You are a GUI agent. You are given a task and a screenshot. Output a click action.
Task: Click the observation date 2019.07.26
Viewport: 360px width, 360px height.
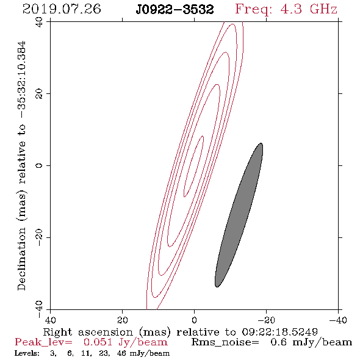(62, 9)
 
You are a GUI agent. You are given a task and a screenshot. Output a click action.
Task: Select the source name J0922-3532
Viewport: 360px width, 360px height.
(175, 10)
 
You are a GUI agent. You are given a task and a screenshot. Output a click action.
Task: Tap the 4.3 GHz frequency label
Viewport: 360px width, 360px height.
(286, 10)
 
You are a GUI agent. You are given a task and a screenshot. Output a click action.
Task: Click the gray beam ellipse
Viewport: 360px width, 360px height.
(239, 215)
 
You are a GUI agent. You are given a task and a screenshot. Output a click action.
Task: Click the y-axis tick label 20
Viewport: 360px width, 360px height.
(39, 94)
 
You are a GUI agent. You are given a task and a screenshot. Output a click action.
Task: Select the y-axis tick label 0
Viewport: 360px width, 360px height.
(39, 165)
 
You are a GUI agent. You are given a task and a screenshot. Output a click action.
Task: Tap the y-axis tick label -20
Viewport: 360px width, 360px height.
(39, 237)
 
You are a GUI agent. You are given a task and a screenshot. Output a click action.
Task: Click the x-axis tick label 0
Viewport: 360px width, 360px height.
(194, 320)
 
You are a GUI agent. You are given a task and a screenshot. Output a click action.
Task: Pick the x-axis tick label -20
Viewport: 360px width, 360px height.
(266, 320)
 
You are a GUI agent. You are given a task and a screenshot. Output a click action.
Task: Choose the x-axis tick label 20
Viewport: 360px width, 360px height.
(122, 320)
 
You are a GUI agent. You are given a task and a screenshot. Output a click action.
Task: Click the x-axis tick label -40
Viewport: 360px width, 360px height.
(338, 320)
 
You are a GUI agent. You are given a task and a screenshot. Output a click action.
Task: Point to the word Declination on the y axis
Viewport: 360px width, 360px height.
(21, 259)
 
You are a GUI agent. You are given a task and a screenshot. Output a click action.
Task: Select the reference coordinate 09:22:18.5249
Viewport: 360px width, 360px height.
(279, 332)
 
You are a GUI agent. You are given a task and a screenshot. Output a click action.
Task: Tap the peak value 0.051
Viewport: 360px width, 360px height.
(98, 342)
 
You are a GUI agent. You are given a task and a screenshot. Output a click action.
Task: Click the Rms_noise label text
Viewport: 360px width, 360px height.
(225, 342)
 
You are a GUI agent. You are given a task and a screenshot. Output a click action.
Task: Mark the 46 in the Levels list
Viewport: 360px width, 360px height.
(121, 353)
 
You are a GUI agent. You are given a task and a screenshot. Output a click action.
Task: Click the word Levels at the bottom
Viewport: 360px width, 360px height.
(27, 353)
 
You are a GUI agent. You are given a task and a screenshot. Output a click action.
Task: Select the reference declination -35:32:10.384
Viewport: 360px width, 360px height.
(22, 79)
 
